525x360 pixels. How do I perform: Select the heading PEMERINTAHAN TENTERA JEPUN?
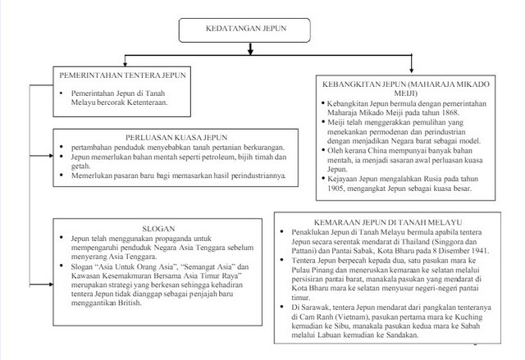(122, 75)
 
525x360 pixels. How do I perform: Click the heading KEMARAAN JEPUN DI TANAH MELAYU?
(388, 222)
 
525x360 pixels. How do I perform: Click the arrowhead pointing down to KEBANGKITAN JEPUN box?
(411, 70)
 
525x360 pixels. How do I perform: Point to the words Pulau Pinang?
(309, 273)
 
